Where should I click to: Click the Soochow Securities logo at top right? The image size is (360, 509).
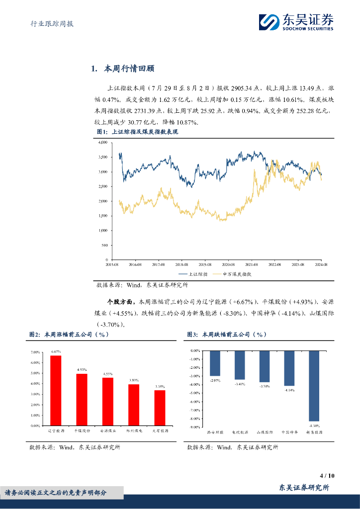(296, 22)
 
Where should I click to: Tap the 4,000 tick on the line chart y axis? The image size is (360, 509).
(103, 143)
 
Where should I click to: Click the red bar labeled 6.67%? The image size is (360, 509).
(56, 390)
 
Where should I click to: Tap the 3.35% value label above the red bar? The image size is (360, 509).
(159, 386)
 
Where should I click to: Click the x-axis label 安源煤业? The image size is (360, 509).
(107, 431)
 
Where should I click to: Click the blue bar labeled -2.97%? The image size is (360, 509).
(215, 363)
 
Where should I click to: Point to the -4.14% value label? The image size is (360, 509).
(289, 390)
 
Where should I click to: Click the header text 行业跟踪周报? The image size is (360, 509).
(49, 23)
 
